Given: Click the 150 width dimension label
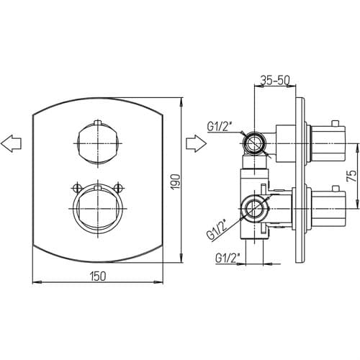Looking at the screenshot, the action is (98, 276).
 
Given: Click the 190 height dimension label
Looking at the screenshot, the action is (176, 181).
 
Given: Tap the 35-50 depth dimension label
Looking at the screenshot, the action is (275, 80).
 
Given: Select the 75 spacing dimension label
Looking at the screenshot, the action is (351, 176).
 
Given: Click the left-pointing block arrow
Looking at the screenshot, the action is (11, 143).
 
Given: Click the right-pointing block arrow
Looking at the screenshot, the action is (197, 143).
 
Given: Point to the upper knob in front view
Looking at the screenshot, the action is (98, 143).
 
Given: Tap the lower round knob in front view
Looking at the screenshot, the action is (98, 208).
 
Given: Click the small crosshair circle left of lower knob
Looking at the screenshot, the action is (77, 187).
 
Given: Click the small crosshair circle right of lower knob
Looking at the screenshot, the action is (118, 187).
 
